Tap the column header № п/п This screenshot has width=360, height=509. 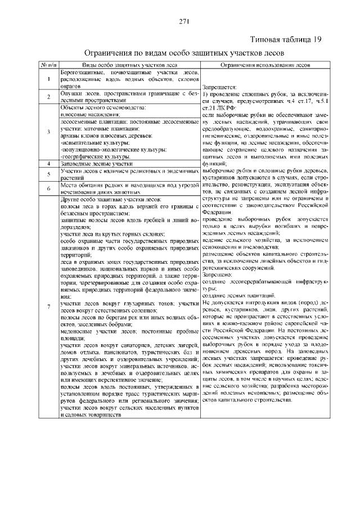(47, 65)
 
